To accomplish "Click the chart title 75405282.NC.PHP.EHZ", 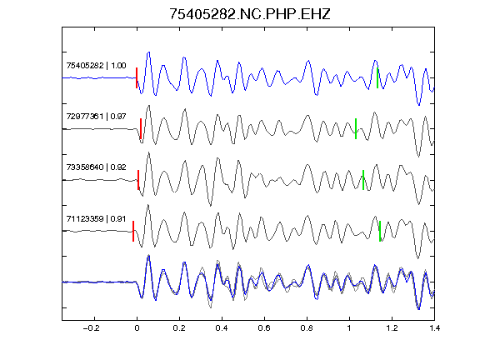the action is click(250, 14).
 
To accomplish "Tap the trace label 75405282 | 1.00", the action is click(96, 66).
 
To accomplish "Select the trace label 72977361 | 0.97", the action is click(96, 117).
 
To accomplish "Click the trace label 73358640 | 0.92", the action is click(96, 167).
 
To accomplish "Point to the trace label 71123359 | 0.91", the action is click(96, 218).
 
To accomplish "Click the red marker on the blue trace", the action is click(137, 78).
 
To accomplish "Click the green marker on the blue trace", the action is click(377, 78).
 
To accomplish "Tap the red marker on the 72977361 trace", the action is click(141, 129).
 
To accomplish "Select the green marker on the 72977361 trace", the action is click(356, 129).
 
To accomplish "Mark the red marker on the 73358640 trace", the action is click(138, 180).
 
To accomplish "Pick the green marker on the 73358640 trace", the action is click(363, 180).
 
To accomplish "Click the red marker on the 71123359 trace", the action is click(133, 231).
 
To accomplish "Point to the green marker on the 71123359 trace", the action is click(380, 231).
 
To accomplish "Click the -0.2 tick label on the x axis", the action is click(92, 328).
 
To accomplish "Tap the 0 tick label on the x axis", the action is click(137, 328).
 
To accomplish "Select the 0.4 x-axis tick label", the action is click(222, 328).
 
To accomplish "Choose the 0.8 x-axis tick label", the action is click(307, 328).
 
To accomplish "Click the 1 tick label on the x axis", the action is click(349, 328).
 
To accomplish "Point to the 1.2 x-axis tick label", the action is click(392, 328).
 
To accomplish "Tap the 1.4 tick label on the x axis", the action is click(434, 328).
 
